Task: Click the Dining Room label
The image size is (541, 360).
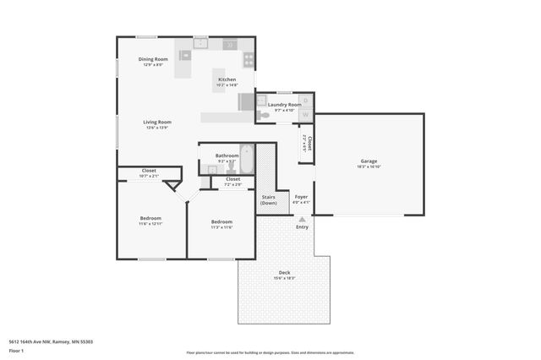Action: pos(154,59)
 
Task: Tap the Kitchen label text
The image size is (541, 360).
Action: pos(227,79)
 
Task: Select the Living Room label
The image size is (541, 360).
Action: pos(157,122)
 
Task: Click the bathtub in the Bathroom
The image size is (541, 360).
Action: pos(246,158)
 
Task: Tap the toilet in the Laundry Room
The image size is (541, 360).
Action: pos(265,114)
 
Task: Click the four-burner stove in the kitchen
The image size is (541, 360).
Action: pos(249,59)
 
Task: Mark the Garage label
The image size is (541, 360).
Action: pos(369,161)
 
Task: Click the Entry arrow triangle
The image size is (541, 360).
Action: pos(302,218)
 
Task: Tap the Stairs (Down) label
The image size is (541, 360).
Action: pos(269,199)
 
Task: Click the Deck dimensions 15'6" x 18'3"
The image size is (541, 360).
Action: pos(284,278)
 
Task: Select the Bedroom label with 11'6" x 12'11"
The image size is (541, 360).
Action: pos(150,218)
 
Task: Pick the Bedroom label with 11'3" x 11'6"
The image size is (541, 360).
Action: pos(221,221)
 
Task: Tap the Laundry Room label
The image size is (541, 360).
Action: pos(284,105)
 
